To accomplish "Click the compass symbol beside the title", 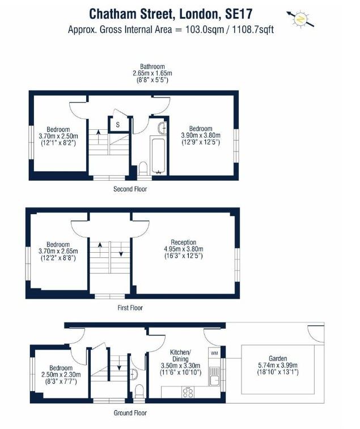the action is point(300,19).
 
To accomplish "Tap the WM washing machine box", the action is point(214,353).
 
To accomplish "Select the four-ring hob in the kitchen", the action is point(188,392).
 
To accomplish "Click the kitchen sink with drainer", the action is point(215,376).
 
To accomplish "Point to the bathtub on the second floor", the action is point(158,155).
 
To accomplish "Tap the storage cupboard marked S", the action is point(118,125).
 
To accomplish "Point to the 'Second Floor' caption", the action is point(130,189).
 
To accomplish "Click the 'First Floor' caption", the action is point(130,308).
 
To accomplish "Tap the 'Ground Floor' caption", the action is point(130,413).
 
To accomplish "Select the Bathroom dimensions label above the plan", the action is point(152,73).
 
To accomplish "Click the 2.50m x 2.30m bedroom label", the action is point(61,375).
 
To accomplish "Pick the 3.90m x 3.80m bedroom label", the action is point(201,135).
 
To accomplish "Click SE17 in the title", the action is point(238,14).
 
